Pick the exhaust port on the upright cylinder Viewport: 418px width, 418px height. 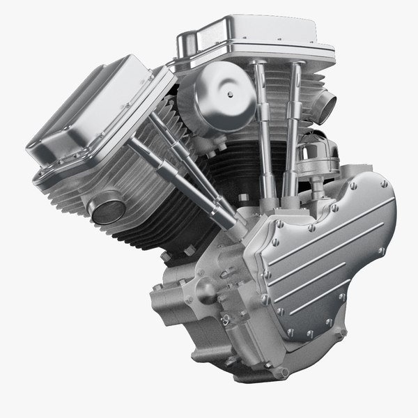point(324,107)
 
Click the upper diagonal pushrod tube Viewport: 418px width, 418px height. point(185,157)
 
